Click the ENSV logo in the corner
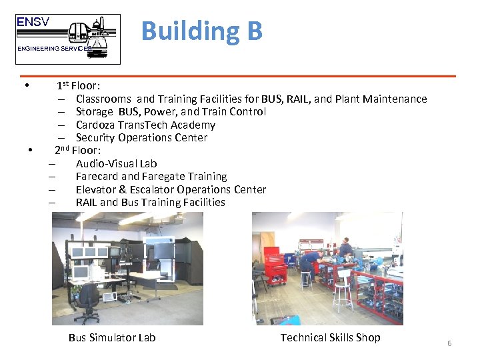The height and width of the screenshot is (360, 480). (68, 39)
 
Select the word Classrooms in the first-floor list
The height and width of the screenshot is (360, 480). (103, 99)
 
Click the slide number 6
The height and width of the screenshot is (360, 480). (449, 343)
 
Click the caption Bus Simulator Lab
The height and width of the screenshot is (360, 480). (112, 338)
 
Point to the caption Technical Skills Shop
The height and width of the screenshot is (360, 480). (330, 338)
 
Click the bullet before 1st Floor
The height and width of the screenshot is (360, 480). (25, 86)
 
